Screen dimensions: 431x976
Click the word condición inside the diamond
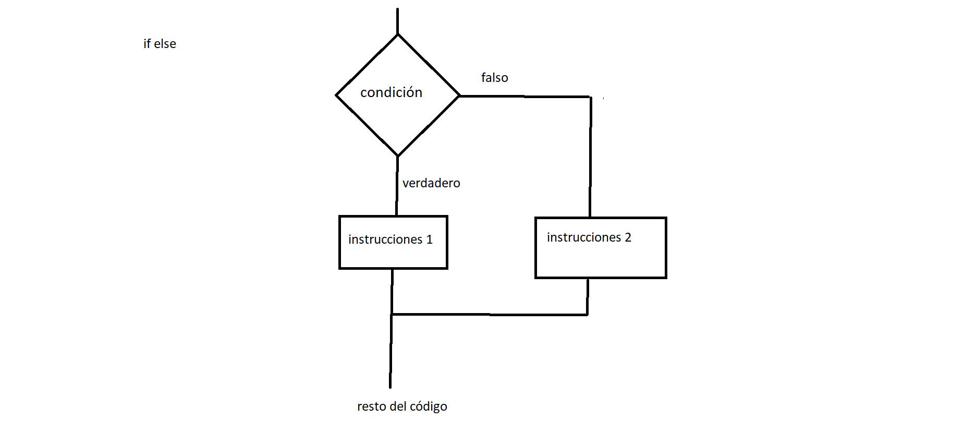(x=391, y=92)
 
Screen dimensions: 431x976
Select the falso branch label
(x=494, y=78)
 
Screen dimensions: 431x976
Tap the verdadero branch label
(x=431, y=183)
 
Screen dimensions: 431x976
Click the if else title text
(x=160, y=44)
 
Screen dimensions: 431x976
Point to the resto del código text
(x=402, y=406)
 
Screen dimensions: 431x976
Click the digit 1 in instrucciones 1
(x=430, y=240)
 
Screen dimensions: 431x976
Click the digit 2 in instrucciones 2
(x=628, y=237)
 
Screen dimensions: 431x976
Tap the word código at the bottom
(x=428, y=407)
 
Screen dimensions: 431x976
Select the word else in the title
(x=165, y=44)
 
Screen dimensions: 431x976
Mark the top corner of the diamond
(x=398, y=35)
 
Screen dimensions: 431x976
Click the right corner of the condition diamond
(x=459, y=95)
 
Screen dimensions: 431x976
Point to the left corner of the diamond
(x=337, y=95)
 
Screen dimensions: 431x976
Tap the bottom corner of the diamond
(x=398, y=155)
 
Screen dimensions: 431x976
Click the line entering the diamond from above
(x=397, y=21)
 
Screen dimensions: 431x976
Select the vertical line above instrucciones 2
(x=590, y=157)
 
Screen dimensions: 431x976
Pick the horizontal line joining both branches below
(x=490, y=315)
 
